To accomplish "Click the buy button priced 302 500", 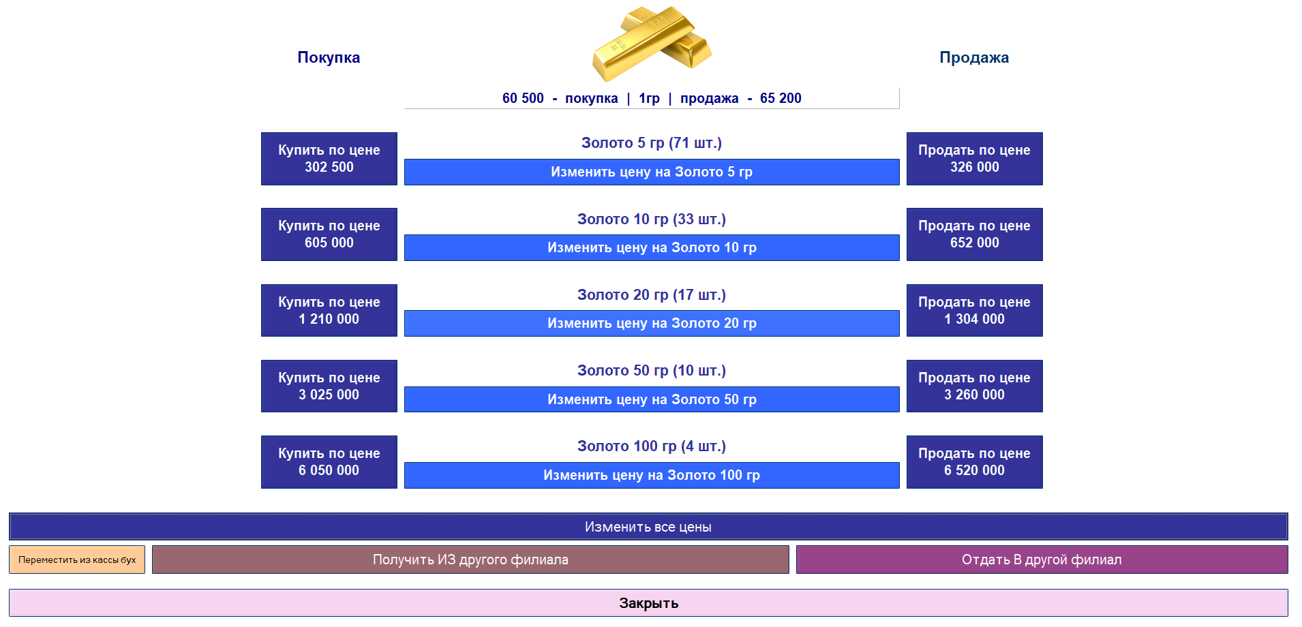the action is coord(329,159).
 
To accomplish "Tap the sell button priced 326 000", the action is coord(975,159).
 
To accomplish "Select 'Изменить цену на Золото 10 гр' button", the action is coord(652,248).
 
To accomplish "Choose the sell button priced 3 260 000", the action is coord(975,386).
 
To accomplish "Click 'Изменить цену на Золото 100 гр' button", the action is coord(652,476).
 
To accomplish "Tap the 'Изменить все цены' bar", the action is coord(648,527).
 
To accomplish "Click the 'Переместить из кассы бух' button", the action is coord(77,560).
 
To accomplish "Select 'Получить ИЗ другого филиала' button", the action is coord(470,560).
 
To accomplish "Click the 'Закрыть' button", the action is coord(648,603).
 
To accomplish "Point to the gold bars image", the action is coord(652,43).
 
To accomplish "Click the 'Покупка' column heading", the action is coord(329,57).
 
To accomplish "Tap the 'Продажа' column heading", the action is coord(974,57).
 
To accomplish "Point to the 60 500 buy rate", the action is coord(523,98).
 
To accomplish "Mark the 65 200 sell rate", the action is coord(781,98).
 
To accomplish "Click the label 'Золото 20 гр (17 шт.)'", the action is coord(652,295).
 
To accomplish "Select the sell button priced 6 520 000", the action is coord(975,462).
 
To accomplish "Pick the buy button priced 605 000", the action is coord(329,234).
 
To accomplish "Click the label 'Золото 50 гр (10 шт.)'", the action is coord(652,371).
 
